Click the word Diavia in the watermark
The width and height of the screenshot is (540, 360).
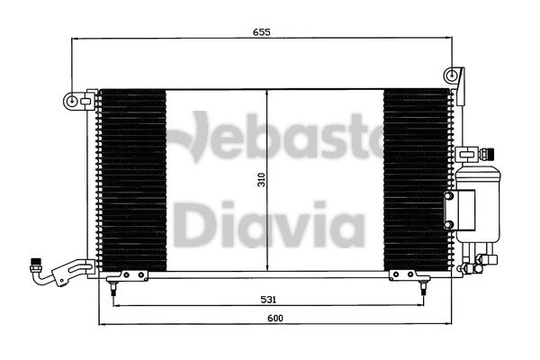click(268, 225)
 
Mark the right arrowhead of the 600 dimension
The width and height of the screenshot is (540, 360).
click(448, 324)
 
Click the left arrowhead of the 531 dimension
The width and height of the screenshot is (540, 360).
click(115, 306)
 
